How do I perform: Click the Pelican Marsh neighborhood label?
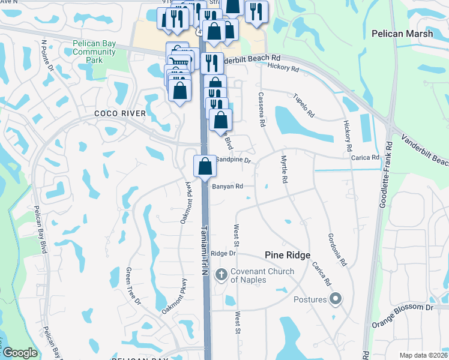(402, 34)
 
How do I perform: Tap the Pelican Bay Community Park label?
(94, 52)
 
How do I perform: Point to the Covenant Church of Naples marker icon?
(221, 275)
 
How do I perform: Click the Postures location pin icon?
(336, 299)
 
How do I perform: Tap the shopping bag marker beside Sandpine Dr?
(205, 166)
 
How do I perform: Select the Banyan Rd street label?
(227, 187)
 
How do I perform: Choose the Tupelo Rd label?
(304, 106)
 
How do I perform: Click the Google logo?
(20, 353)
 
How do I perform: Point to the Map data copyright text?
(421, 355)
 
